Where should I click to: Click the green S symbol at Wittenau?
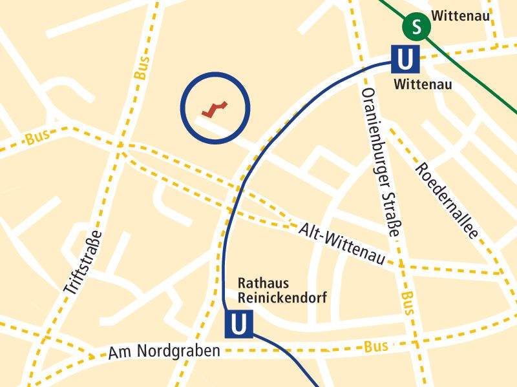pos(417,27)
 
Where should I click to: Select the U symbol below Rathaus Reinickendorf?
pos(238,324)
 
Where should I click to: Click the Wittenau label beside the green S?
pos(460,15)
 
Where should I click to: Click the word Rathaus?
pos(263,283)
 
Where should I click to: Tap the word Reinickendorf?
pos(282,298)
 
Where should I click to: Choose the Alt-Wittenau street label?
pos(342,244)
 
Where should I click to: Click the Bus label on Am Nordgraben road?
pos(375,346)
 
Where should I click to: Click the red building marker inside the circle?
pos(215,109)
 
